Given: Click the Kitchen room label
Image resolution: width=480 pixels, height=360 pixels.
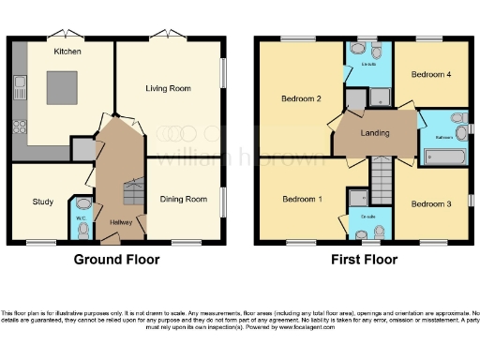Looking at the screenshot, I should tap(67, 51).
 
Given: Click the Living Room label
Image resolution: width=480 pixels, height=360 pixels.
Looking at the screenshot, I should tap(168, 88).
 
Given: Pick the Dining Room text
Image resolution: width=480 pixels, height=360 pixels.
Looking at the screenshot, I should tap(182, 199).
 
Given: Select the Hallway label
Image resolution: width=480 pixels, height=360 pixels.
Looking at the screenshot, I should tap(119, 222).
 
